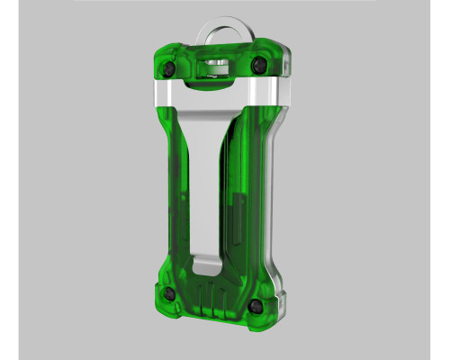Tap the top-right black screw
point(259,66)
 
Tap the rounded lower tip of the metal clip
point(205,262)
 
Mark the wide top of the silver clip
point(216,108)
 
